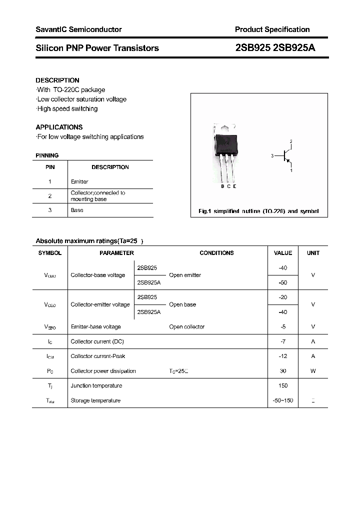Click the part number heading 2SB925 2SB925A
coord(274,48)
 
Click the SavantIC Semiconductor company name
coord(78,29)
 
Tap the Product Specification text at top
coord(272,29)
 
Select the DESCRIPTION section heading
coord(57,80)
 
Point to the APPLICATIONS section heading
coord(59,127)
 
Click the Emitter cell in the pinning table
coord(79,181)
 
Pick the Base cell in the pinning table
coord(77,210)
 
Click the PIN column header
coord(50,167)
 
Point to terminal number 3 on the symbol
coord(272,156)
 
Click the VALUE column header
coord(282,253)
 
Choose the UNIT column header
coord(313,253)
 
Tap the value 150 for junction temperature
coord(282,385)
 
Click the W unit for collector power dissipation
coord(313,371)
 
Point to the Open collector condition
coord(186,326)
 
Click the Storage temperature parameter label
coord(95,400)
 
